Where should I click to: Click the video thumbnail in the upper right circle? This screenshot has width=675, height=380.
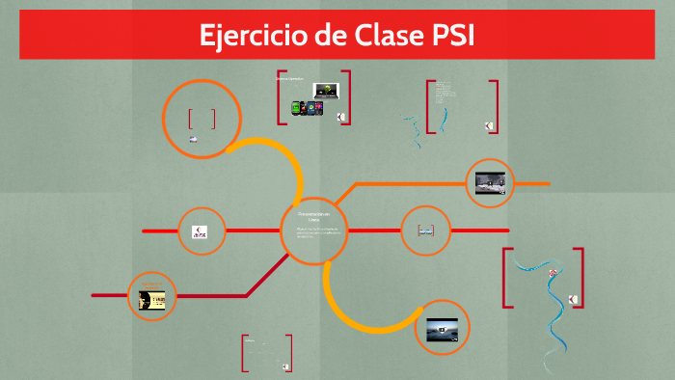(x=490, y=181)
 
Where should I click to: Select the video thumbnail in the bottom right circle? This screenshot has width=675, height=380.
(x=442, y=329)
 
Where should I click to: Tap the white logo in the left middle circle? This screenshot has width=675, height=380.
(x=200, y=231)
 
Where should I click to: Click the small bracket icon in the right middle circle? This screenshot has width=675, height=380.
(x=425, y=231)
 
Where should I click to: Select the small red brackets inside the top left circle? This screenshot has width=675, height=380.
(x=202, y=119)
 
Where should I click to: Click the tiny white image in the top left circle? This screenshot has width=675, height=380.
(x=194, y=140)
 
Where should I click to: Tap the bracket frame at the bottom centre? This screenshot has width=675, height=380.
(x=266, y=353)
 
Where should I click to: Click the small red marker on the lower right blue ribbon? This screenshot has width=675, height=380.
(x=553, y=273)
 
